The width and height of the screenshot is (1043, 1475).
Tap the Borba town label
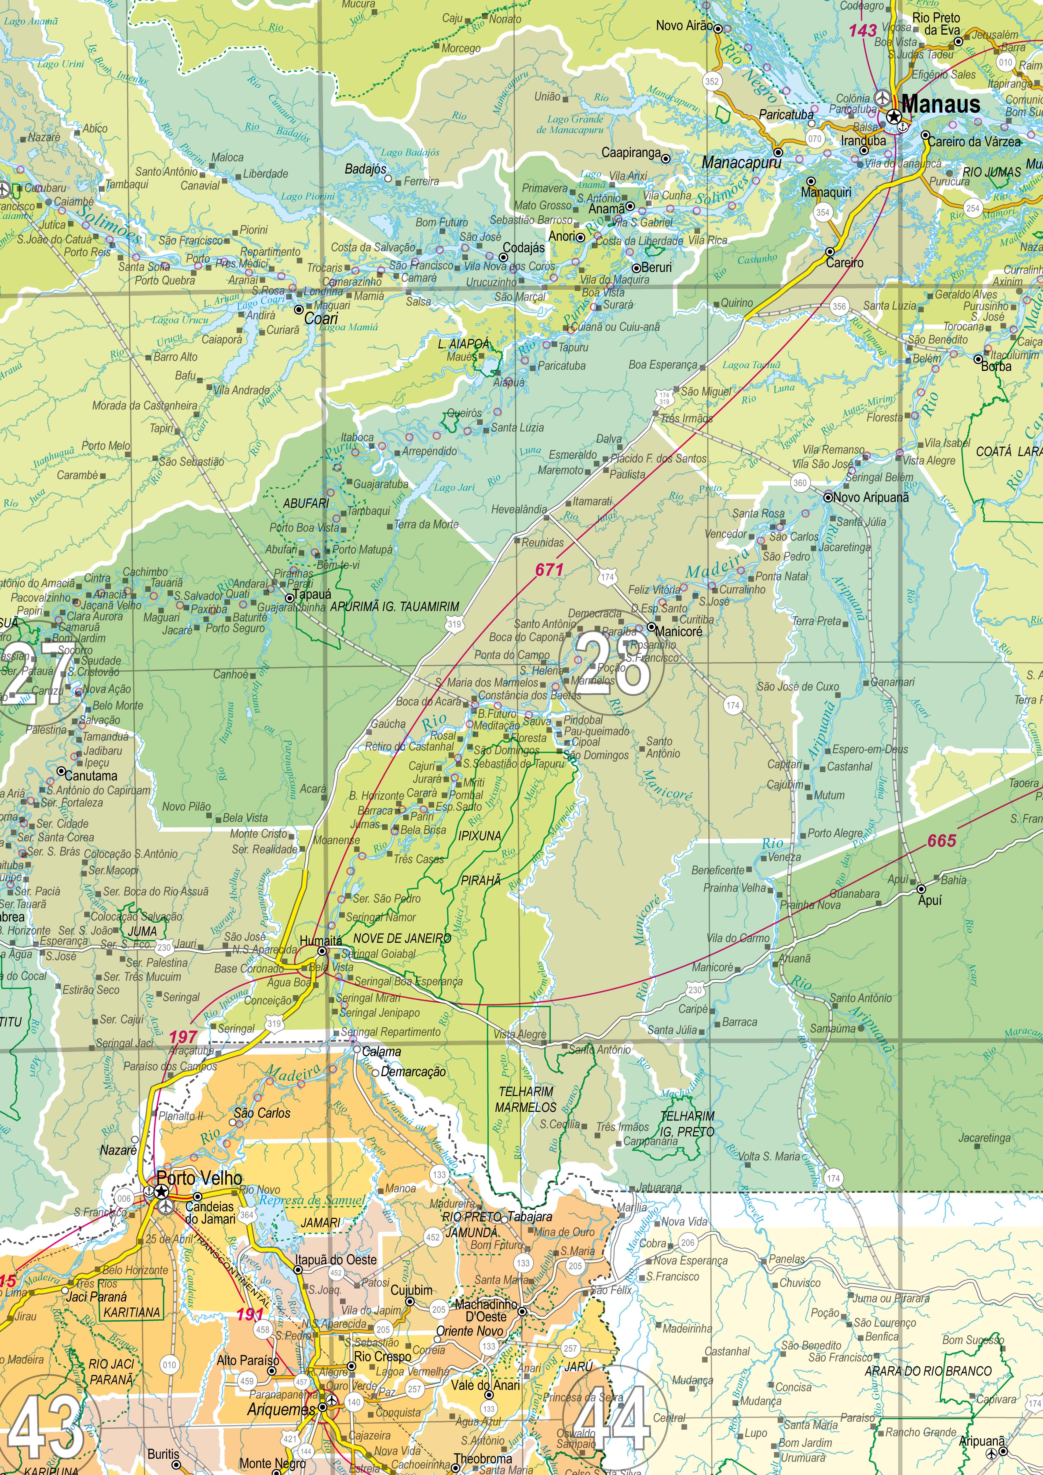click(996, 367)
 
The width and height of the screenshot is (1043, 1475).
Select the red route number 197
click(183, 1037)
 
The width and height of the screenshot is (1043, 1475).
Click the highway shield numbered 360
click(800, 483)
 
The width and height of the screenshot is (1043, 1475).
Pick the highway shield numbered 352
click(712, 82)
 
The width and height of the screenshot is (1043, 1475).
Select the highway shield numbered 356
click(839, 307)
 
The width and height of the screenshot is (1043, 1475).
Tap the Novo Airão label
click(685, 26)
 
